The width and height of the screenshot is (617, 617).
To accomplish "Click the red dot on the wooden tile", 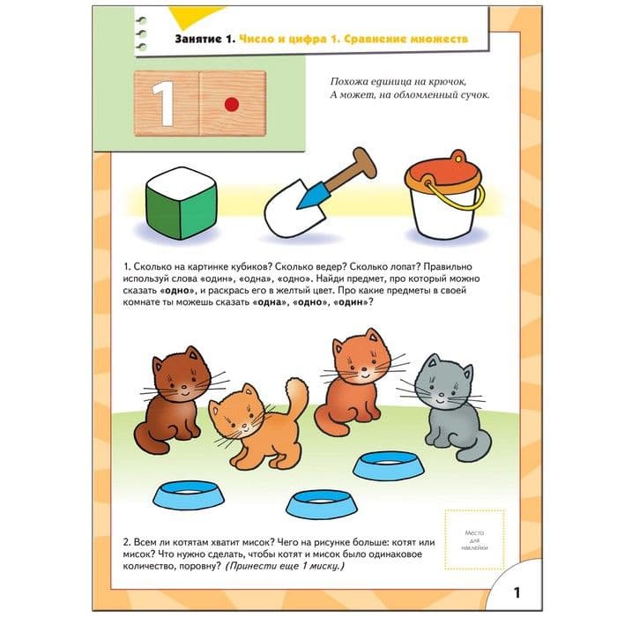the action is click(231, 104).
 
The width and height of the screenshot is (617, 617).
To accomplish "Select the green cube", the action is click(182, 204).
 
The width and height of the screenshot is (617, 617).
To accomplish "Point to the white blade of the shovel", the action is click(294, 212).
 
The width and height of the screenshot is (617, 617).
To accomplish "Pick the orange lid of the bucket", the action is click(444, 172).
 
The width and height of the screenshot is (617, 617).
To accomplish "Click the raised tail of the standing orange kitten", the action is click(295, 397).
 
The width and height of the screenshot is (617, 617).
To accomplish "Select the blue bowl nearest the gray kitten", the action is click(389, 465).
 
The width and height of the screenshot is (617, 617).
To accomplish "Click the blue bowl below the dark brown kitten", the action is click(189, 495).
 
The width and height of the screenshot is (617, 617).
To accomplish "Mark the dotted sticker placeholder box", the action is click(474, 539).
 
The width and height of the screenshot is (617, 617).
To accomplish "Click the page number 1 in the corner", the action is click(517, 592).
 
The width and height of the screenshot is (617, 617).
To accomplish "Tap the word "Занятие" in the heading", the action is click(198, 39).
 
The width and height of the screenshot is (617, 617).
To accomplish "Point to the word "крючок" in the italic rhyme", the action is click(446, 82).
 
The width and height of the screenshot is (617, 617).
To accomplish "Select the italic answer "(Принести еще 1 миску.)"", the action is click(285, 566).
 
